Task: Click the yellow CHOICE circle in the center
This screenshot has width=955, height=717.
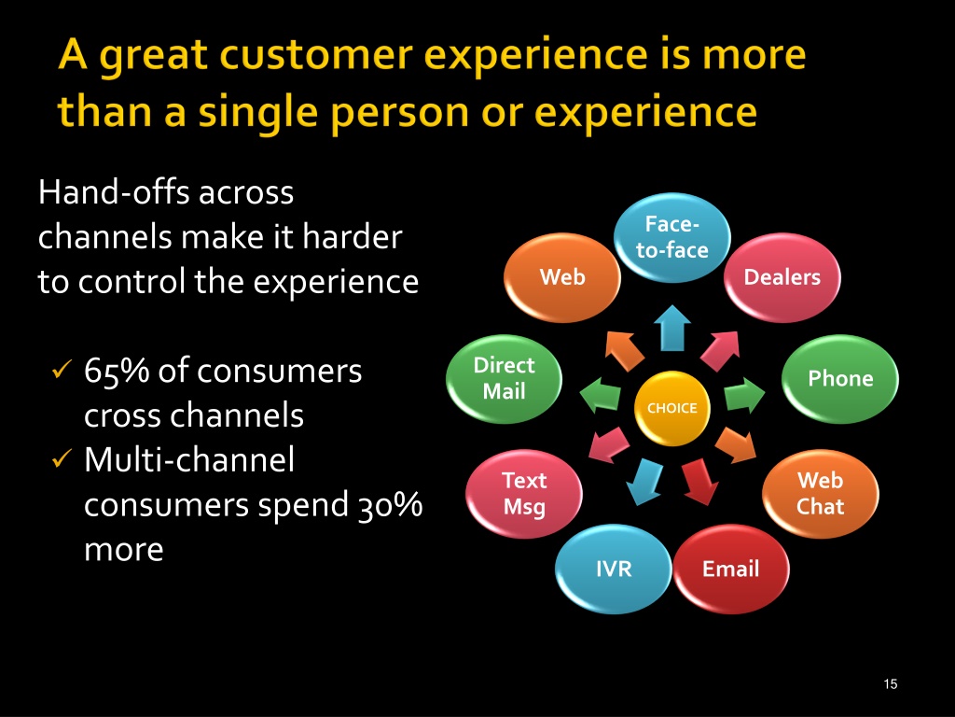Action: click(x=671, y=408)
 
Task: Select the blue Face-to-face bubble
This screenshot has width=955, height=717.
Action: click(x=671, y=238)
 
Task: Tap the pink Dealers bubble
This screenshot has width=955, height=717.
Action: click(x=782, y=277)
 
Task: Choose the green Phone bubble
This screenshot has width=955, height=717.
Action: click(x=840, y=379)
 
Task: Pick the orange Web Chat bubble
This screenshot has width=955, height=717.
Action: click(x=821, y=494)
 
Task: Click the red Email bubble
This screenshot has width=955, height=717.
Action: click(x=731, y=569)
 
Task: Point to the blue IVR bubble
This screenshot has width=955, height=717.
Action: click(x=614, y=569)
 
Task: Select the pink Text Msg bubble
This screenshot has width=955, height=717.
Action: click(x=524, y=494)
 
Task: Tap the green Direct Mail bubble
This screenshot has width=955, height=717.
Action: click(x=505, y=379)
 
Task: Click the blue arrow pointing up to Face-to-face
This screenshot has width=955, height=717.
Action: click(x=671, y=329)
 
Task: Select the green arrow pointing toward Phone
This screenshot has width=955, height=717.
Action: click(x=744, y=395)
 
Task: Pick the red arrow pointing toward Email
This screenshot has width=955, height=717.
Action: click(x=699, y=482)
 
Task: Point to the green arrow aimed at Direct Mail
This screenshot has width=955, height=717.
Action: click(x=600, y=395)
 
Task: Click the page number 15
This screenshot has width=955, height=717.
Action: click(x=891, y=684)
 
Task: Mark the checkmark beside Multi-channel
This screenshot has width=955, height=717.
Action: click(x=62, y=458)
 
